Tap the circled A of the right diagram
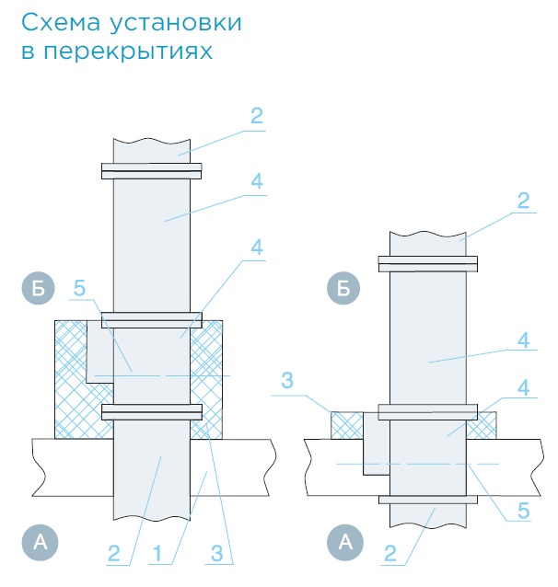pyautogui.click(x=346, y=544)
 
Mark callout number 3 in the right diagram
pyautogui.click(x=287, y=381)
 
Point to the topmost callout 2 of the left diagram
pyautogui.click(x=256, y=116)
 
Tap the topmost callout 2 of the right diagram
pyautogui.click(x=524, y=199)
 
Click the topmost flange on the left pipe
pyautogui.click(x=152, y=170)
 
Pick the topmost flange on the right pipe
pyautogui.click(x=428, y=264)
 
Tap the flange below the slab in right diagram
pyautogui.click(x=428, y=501)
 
